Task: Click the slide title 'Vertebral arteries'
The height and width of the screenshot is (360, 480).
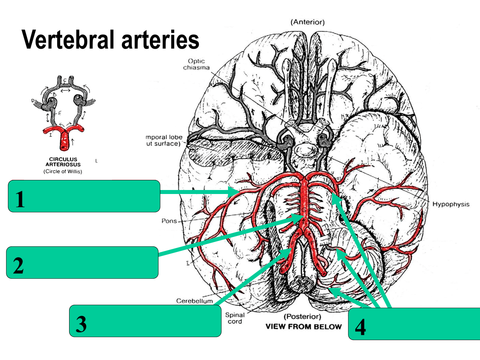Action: (110, 40)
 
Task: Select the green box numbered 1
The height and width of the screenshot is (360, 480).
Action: (84, 196)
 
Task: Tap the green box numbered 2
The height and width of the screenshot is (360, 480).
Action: (82, 262)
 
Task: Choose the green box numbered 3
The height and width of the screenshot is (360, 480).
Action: (145, 321)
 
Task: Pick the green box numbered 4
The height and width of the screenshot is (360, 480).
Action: (414, 324)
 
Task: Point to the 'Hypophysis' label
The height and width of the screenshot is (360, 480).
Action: (451, 204)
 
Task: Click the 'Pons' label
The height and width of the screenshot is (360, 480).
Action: (169, 221)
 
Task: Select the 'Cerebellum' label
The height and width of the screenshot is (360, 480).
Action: (194, 301)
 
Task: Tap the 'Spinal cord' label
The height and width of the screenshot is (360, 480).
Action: (235, 318)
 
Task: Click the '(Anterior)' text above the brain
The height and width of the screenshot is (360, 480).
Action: (308, 22)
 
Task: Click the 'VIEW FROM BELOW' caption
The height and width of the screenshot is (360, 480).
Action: (304, 326)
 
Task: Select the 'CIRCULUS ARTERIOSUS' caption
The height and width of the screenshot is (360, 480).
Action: (63, 161)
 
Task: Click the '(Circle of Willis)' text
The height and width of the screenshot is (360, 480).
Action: (63, 172)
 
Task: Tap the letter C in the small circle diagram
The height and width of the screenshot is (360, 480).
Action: (64, 80)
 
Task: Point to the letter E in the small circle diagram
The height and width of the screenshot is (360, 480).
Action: (60, 113)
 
